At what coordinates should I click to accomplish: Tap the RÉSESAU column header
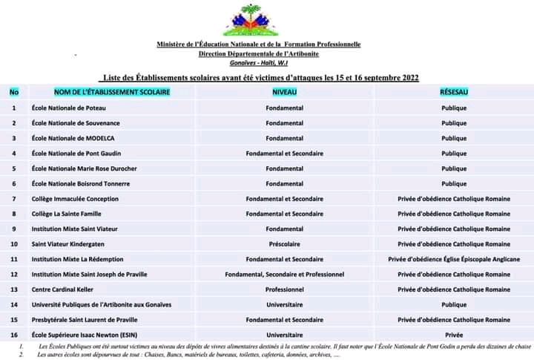454,92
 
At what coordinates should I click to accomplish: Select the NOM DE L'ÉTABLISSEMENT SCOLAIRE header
112,92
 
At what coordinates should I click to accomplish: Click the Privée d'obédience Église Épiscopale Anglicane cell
454,259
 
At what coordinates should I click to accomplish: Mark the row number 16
14,335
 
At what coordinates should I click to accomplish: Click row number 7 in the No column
14,199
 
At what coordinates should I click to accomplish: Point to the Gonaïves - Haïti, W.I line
259,64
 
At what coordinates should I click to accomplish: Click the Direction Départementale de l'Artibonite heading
259,54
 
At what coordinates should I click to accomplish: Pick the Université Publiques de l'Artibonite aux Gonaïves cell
102,304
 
